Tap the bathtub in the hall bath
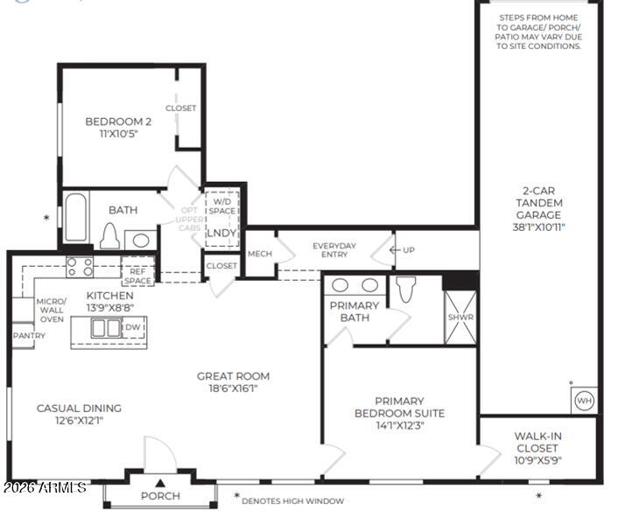pyautogui.click(x=75, y=219)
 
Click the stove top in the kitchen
pyautogui.click(x=81, y=266)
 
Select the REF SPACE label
pyautogui.click(x=137, y=276)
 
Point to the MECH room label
pyautogui.click(x=260, y=254)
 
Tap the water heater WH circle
pyautogui.click(x=583, y=400)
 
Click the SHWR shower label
pyautogui.click(x=460, y=318)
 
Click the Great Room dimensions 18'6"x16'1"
pyautogui.click(x=233, y=389)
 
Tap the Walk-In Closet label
pyautogui.click(x=537, y=442)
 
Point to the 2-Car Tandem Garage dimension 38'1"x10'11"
pyautogui.click(x=538, y=227)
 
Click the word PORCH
pyautogui.click(x=161, y=495)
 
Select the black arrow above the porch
pyautogui.click(x=160, y=482)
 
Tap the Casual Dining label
pyautogui.click(x=79, y=414)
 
